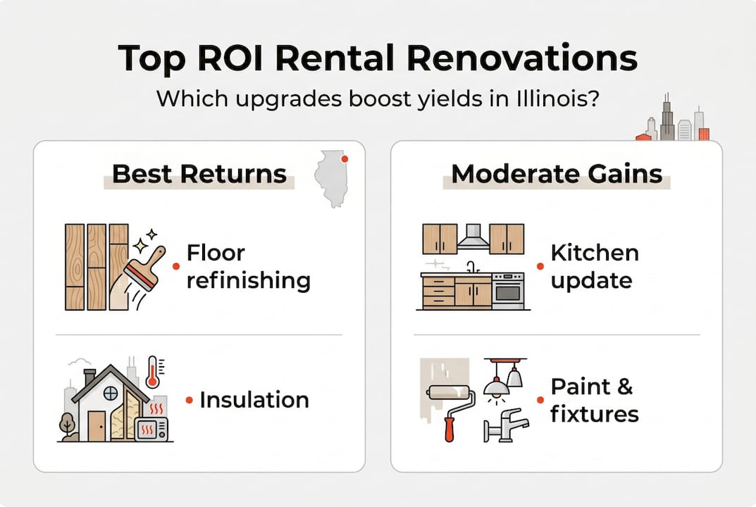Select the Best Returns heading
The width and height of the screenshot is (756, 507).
tap(199, 174)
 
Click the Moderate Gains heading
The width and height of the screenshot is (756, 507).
tap(557, 174)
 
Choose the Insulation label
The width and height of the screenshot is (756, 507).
tap(254, 400)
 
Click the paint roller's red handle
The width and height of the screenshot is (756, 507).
tap(449, 428)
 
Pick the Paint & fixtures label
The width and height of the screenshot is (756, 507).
tap(594, 399)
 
